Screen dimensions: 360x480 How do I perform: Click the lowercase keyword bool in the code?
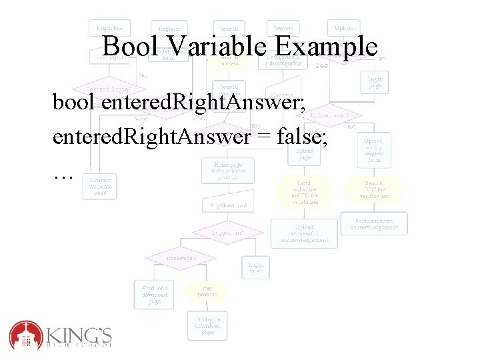pyautogui.click(x=74, y=103)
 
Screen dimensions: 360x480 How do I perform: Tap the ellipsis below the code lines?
pyautogui.click(x=63, y=174)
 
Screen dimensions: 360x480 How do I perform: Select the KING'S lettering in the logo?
pyautogui.click(x=79, y=331)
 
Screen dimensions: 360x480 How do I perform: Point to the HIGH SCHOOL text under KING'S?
pyautogui.click(x=79, y=345)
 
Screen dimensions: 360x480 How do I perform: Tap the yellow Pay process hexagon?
pyautogui.click(x=207, y=291)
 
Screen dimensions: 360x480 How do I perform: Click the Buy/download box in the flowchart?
pyautogui.click(x=229, y=205)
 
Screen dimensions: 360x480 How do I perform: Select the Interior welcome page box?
pyautogui.click(x=99, y=185)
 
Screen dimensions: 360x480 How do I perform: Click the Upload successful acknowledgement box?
pyautogui.click(x=304, y=233)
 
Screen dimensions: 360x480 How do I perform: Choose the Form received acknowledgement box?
pyautogui.click(x=373, y=223)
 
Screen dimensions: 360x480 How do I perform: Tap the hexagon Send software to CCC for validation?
pyautogui.click(x=304, y=192)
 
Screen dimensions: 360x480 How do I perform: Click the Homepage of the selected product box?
pyautogui.click(x=229, y=171)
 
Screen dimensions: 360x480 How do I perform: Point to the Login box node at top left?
pyautogui.click(x=109, y=28)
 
